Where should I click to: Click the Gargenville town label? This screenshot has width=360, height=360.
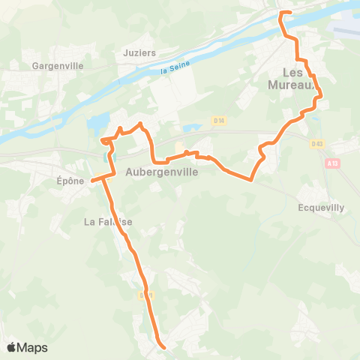pyautogui.click(x=52, y=65)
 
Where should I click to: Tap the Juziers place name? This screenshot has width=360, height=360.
pyautogui.click(x=139, y=54)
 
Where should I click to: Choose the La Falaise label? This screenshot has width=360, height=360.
pyautogui.click(x=109, y=221)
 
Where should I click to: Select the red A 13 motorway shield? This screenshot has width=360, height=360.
pyautogui.click(x=333, y=161)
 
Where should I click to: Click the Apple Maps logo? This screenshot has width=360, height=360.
pyautogui.click(x=27, y=347)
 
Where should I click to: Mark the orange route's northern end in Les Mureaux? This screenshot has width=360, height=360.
pyautogui.click(x=281, y=13)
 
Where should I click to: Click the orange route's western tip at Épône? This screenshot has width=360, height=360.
pyautogui.click(x=91, y=180)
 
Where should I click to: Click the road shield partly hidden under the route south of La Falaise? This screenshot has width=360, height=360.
pyautogui.click(x=147, y=295)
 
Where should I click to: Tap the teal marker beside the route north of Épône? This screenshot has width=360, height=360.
pyautogui.click(x=104, y=156)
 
